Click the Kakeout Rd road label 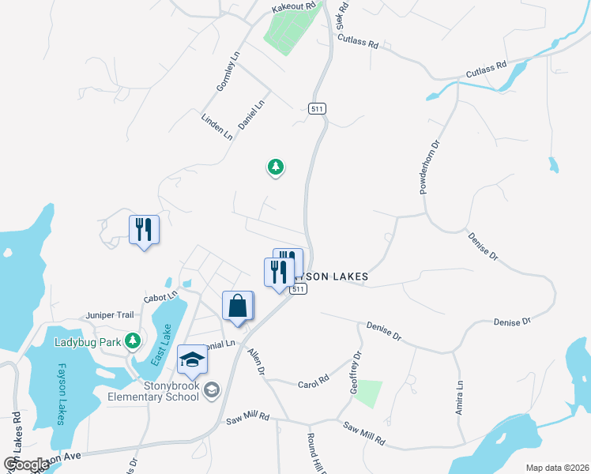(x=293, y=6)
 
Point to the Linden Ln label (x=217, y=126)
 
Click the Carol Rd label (x=313, y=382)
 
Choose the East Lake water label (x=160, y=346)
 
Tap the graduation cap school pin (x=192, y=360)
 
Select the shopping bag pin (x=238, y=306)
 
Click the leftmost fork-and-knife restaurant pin (x=144, y=230)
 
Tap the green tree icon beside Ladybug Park (x=134, y=340)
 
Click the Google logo (x=26, y=465)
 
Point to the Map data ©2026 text (x=556, y=468)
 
